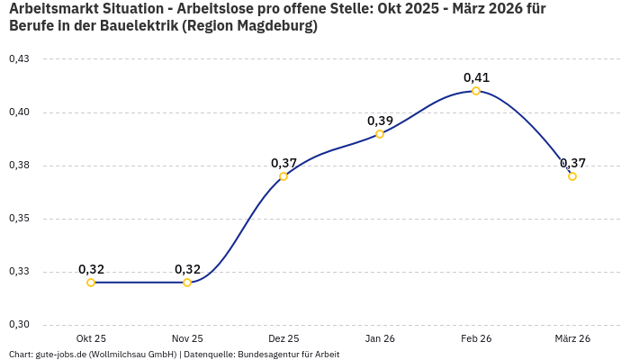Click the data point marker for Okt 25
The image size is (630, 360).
coord(91,283)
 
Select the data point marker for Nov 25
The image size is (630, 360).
coord(187,283)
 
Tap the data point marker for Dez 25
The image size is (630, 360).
coord(283,176)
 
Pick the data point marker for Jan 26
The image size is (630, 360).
coord(380,134)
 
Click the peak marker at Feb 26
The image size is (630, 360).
coord(476,91)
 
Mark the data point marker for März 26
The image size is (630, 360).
coord(572,176)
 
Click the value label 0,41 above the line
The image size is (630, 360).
coord(476,77)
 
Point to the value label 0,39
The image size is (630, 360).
coord(380,121)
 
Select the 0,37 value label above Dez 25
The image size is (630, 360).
coord(283,163)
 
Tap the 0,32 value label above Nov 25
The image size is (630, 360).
coord(187,269)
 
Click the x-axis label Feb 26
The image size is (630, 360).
coord(476,338)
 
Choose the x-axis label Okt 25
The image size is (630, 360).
coord(91,338)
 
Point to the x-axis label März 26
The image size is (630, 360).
coord(572,338)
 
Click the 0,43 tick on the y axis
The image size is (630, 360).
coord(19,59)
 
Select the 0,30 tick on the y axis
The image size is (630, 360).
coord(19,325)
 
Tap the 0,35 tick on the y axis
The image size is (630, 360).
coord(19,219)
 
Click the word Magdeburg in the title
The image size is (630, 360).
coord(271,26)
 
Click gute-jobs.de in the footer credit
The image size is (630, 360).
coord(60,355)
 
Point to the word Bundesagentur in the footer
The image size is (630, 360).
coord(265,355)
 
